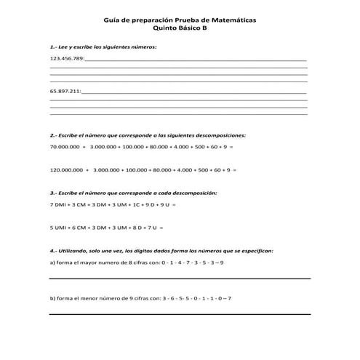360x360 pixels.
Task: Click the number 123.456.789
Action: tap(67, 58)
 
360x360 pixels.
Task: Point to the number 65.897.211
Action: tap(65, 92)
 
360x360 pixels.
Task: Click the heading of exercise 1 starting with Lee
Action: tap(103, 46)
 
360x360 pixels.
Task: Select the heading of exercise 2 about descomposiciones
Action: tap(148, 135)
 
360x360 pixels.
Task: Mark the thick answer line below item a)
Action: tap(179, 279)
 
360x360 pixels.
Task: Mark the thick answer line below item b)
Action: tap(179, 314)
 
